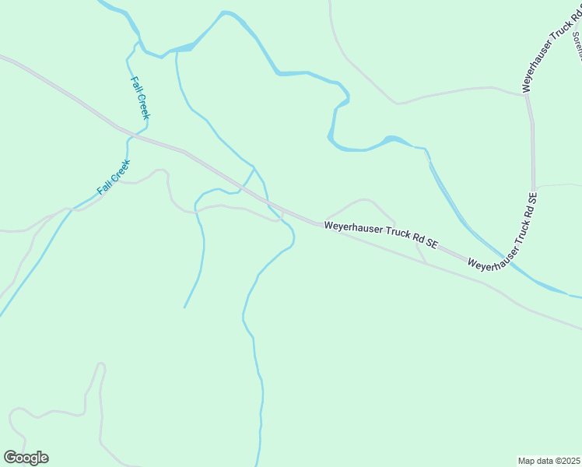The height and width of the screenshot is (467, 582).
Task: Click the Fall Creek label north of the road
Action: coord(140,97)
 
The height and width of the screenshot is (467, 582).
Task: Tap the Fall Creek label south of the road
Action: coord(114,177)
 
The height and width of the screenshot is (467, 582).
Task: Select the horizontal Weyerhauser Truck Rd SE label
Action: coord(381,235)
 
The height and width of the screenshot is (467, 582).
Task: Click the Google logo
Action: coord(26,458)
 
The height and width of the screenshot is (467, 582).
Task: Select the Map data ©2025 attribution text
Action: coord(549,461)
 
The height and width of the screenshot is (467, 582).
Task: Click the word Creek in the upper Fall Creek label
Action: coord(142,107)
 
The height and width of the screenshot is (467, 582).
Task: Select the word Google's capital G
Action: coord(10,457)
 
